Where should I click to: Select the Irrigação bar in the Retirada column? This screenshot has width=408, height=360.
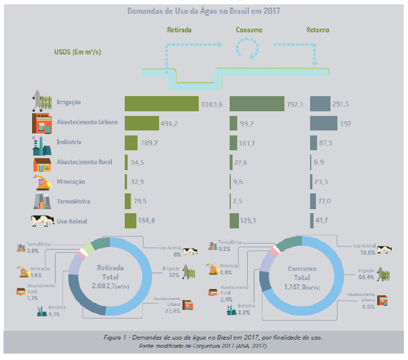pos(161,103)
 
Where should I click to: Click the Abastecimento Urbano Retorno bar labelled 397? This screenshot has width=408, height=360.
pos(323,123)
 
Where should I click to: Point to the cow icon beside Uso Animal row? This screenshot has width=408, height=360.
pos(43,221)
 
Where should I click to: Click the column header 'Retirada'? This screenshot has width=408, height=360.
pos(180,30)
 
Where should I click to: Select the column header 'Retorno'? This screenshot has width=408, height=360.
pos(318,30)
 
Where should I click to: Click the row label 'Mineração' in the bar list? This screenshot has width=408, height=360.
pos(71,182)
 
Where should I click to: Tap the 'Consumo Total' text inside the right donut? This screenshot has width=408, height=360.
pos(301,274)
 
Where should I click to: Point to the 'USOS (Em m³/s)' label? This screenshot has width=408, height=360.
pos(77,51)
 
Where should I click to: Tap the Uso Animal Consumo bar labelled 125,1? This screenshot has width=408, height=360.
pos(234,221)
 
